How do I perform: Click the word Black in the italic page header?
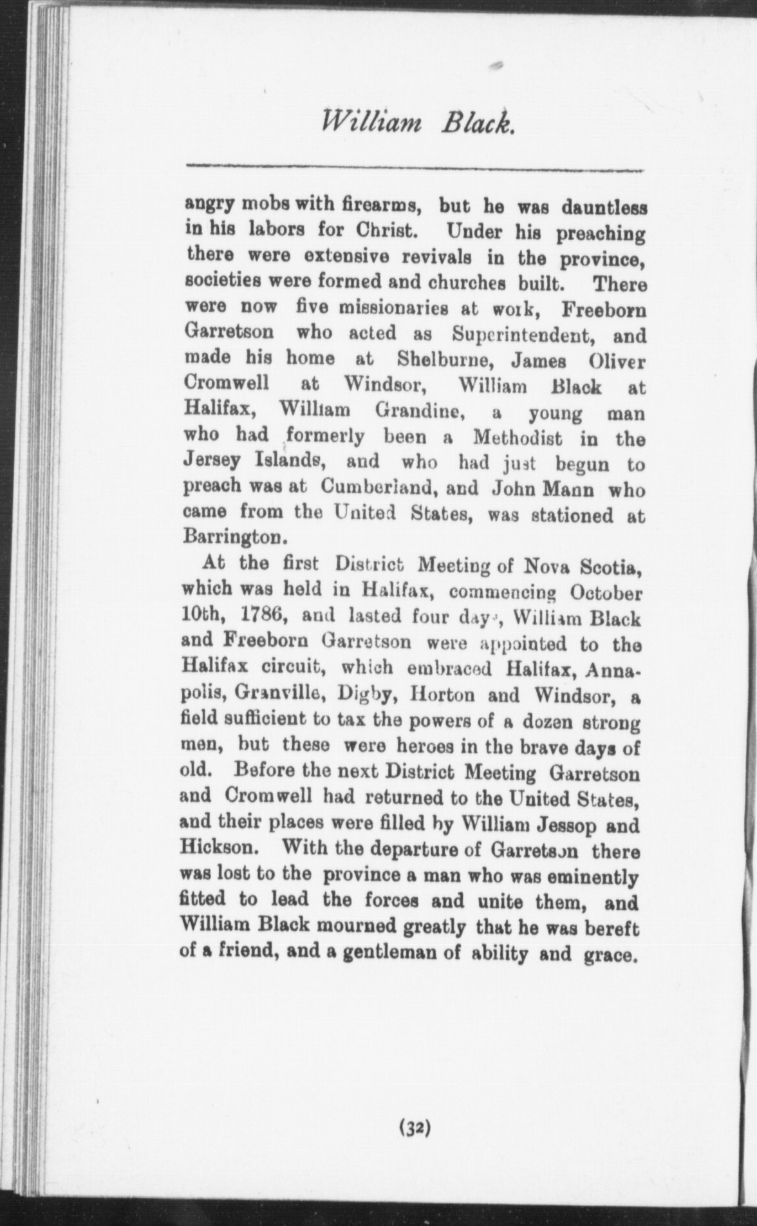478,120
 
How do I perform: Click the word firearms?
382,207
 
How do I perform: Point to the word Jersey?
212,462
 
